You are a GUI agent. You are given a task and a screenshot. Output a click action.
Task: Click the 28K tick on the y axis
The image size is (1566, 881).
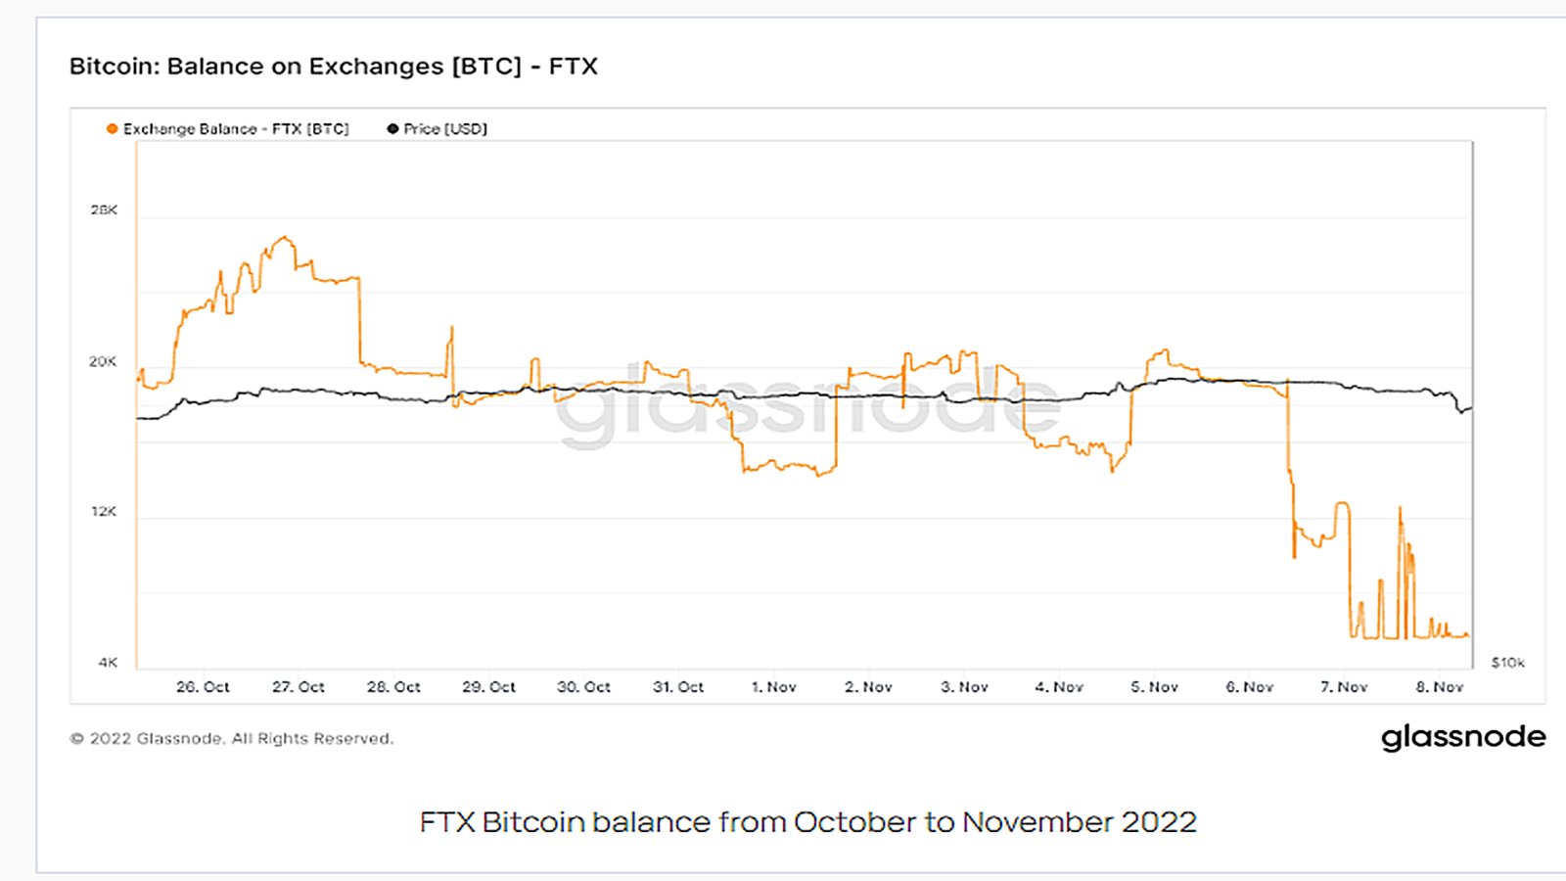click(104, 210)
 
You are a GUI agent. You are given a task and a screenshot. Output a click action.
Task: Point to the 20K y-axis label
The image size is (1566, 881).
click(103, 361)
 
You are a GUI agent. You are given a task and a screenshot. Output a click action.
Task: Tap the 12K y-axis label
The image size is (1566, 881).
click(104, 512)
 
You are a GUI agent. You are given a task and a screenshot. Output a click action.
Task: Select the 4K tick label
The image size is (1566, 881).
click(108, 663)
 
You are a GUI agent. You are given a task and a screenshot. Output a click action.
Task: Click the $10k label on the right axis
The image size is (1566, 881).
click(1507, 663)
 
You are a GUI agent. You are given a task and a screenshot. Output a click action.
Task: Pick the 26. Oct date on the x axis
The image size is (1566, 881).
click(203, 687)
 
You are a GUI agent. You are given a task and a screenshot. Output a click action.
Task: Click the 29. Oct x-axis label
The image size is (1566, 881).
click(488, 687)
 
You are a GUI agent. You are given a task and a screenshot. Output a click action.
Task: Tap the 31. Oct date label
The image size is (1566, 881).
click(678, 687)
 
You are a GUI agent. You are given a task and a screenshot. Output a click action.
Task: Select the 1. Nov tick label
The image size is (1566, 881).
click(773, 687)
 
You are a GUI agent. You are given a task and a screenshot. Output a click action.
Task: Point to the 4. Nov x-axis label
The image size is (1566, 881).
click(1059, 687)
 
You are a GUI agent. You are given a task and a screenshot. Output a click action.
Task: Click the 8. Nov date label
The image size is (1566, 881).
click(1439, 687)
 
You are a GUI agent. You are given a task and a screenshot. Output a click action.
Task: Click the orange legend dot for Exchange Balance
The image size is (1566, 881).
click(113, 128)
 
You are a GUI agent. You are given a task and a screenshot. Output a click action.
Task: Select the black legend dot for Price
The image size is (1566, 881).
click(392, 128)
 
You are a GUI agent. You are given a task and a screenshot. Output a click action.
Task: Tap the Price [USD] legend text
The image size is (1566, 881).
click(445, 128)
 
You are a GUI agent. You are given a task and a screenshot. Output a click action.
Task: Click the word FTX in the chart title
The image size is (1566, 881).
click(573, 67)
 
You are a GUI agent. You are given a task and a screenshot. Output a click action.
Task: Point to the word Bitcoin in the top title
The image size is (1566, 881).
click(113, 67)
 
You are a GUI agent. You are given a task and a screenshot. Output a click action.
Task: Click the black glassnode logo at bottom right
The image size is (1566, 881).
click(1463, 737)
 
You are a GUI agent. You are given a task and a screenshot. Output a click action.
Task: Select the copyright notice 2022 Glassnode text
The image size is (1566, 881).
click(232, 739)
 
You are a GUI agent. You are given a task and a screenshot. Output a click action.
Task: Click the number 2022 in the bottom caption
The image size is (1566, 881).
click(1159, 821)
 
